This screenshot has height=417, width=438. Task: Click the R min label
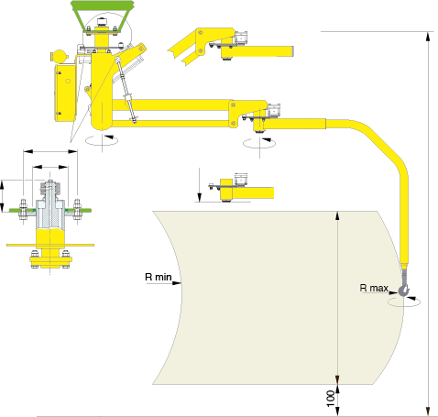(159, 277)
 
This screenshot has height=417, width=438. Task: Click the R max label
(374, 288)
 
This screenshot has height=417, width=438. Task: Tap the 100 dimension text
(331, 399)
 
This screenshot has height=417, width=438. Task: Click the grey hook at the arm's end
(404, 289)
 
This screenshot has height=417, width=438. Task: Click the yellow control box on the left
(65, 93)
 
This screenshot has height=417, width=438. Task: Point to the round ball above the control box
(60, 56)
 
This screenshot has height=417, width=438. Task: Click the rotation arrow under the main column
(102, 140)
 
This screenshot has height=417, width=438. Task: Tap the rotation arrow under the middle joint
(259, 143)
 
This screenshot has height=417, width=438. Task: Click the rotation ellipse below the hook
(404, 302)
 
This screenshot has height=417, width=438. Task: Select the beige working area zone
(268, 298)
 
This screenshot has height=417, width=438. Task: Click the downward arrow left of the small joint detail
(199, 184)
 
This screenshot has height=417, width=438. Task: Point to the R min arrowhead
(177, 283)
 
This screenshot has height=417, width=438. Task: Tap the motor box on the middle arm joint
(274, 110)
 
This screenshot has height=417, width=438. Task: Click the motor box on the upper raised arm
(241, 38)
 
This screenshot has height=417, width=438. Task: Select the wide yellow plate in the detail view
(50, 245)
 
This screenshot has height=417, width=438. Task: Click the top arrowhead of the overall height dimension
(429, 37)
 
